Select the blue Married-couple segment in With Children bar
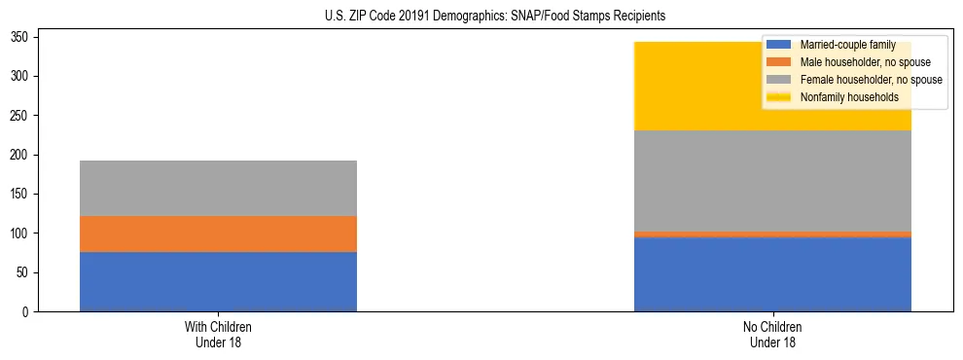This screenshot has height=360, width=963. click(x=218, y=282)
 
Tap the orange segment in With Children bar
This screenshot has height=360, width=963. click(x=218, y=234)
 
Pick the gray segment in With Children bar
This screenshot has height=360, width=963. click(x=218, y=188)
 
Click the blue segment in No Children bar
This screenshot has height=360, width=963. click(x=772, y=274)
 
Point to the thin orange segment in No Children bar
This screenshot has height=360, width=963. click(x=772, y=234)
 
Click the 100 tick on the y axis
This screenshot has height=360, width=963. click(x=22, y=234)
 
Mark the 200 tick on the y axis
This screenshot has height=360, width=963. click(x=22, y=155)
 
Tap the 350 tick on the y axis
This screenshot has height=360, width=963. click(x=22, y=37)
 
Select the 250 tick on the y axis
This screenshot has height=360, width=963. click(x=22, y=116)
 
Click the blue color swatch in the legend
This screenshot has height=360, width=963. click(x=779, y=45)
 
